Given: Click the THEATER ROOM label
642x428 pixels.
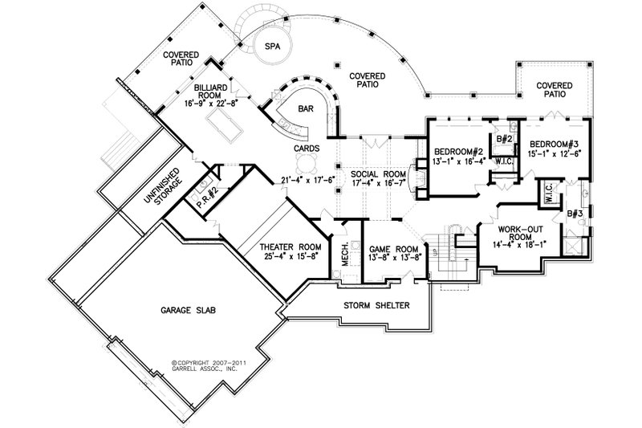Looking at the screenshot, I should tap(290, 247).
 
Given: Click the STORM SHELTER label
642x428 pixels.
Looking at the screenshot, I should tap(377, 306).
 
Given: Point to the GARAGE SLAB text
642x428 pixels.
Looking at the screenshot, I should tap(181, 309).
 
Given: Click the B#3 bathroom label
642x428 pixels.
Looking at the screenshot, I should tap(573, 214).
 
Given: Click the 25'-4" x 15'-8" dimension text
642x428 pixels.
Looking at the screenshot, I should tap(290, 257).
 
